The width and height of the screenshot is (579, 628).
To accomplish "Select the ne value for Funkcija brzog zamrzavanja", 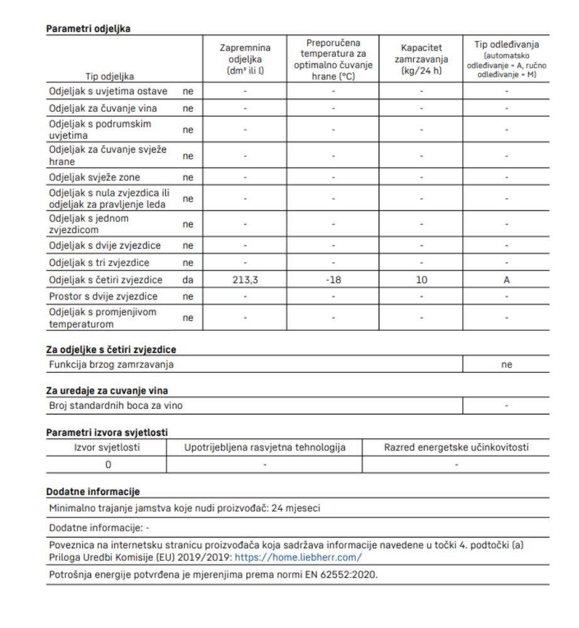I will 506,364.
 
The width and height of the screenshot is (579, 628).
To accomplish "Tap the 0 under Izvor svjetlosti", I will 107,464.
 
